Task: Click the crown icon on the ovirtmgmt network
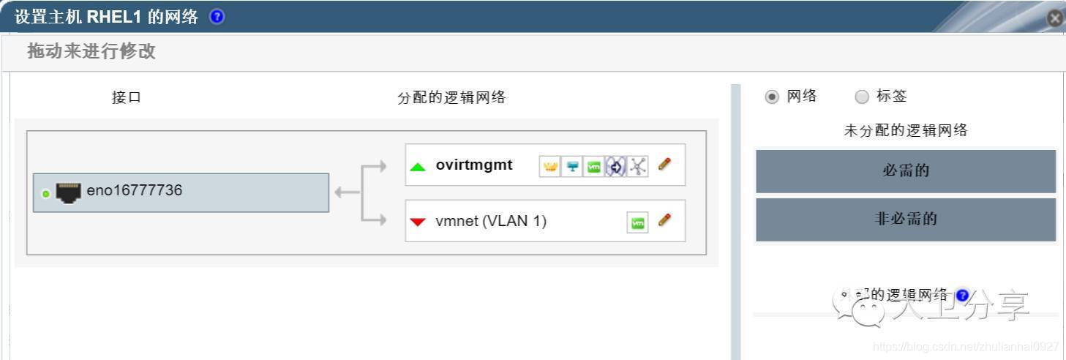[549, 167]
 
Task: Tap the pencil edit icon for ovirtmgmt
[664, 165]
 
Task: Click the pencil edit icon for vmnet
[664, 220]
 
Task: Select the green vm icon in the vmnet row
[638, 223]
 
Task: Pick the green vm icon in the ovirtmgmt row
[594, 167]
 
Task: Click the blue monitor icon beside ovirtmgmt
[572, 167]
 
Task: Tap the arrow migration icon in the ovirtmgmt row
[616, 167]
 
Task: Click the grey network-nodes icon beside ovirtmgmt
[638, 167]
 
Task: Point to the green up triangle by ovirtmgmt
[418, 167]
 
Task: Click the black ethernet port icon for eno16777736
[69, 192]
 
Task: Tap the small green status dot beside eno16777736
[46, 194]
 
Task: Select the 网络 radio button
[771, 97]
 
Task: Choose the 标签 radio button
[862, 97]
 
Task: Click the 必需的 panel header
[906, 171]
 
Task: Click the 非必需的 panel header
[906, 219]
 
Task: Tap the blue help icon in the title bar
[217, 17]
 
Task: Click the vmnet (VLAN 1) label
[491, 220]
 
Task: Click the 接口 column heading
[127, 97]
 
